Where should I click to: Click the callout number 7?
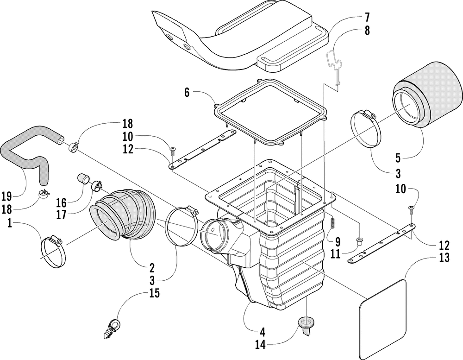click(367, 18)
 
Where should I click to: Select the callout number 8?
click(367, 31)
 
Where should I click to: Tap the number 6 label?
click(187, 93)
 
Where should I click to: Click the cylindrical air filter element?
click(427, 95)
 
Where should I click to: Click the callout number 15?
click(154, 293)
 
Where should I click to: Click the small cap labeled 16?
click(84, 179)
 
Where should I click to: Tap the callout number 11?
click(335, 254)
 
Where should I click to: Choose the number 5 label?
click(398, 158)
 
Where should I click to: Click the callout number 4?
click(262, 332)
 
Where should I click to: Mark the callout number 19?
click(6, 196)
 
